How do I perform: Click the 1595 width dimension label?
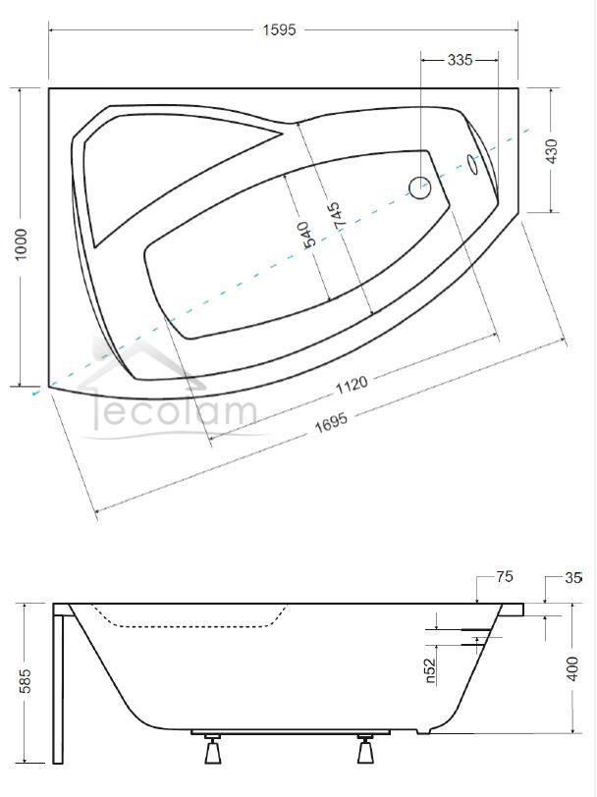279,30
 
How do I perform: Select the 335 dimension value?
460,60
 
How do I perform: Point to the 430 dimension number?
551,151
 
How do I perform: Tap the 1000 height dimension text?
22,244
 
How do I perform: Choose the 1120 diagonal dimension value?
352,386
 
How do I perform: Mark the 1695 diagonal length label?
331,421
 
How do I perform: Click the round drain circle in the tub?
420,187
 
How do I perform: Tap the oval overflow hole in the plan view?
473,164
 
